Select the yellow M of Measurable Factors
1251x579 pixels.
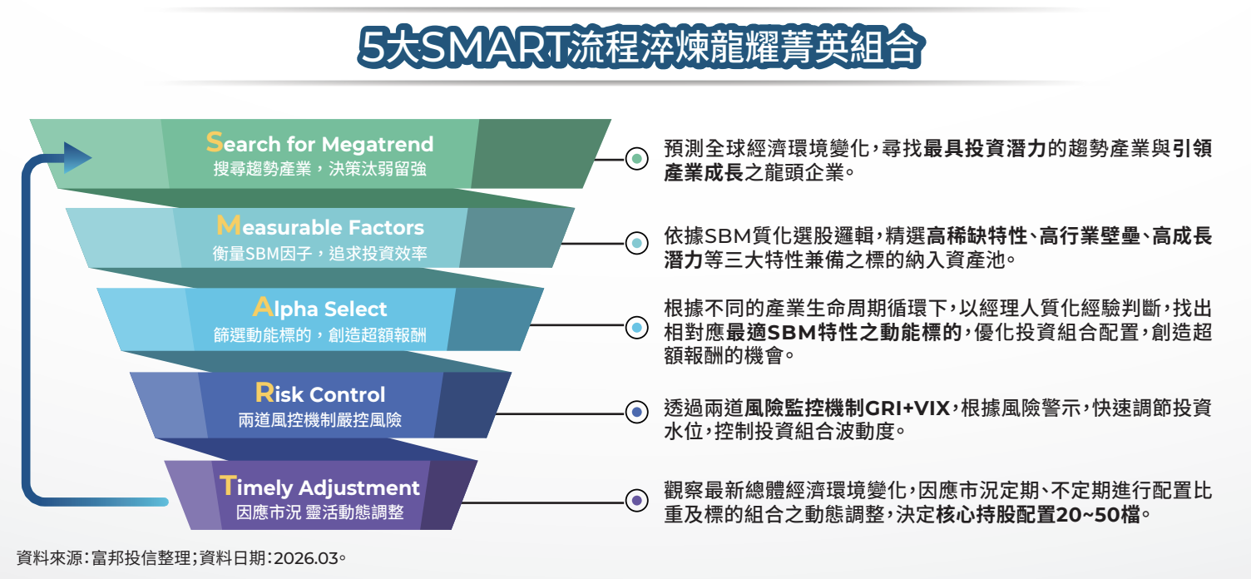[229, 225]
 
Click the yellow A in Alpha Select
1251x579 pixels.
[263, 307]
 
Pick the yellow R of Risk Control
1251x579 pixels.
[265, 393]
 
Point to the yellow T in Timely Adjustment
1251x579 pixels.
[228, 485]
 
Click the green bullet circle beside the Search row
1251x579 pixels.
[636, 159]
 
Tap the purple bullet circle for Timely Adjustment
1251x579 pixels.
[636, 500]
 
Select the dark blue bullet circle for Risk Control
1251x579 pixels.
[636, 413]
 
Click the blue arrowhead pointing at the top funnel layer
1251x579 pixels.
[77, 157]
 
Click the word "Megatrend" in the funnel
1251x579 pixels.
[378, 144]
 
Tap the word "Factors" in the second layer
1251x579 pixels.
[386, 227]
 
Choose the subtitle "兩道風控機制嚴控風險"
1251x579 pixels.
[320, 420]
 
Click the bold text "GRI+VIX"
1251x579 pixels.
[907, 408]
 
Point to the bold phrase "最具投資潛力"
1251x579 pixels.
[985, 149]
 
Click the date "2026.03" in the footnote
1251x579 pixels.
[306, 558]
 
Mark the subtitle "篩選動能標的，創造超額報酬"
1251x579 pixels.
[320, 334]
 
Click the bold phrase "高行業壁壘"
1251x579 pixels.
[1090, 236]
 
